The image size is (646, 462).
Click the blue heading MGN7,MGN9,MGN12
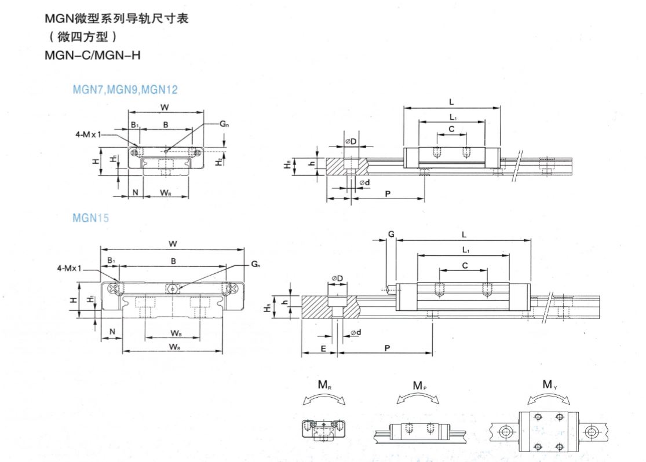[125, 90]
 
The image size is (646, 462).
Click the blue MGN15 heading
[90, 218]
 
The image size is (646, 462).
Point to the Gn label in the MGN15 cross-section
[256, 264]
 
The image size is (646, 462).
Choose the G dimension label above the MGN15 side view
[391, 234]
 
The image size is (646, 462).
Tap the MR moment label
[324, 384]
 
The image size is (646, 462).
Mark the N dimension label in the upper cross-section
[134, 192]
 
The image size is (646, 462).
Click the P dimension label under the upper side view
[386, 193]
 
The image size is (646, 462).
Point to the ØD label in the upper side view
[351, 141]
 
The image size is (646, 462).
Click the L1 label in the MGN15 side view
[466, 250]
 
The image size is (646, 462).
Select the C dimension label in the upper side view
[452, 129]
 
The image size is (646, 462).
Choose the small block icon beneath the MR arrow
[324, 428]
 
